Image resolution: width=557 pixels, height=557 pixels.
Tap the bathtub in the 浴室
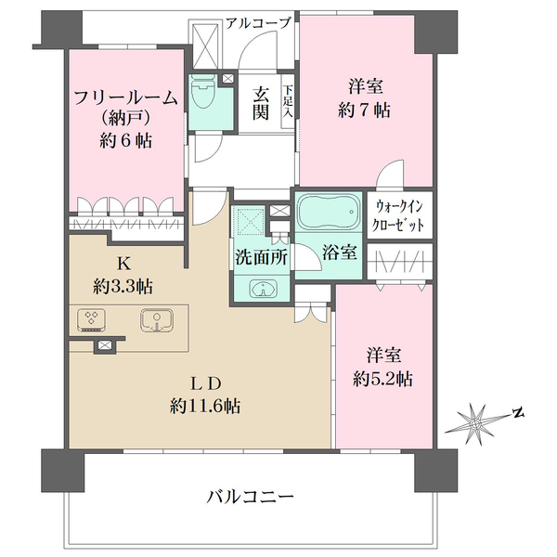[x=329, y=213]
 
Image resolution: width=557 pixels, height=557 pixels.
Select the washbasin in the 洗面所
[x=263, y=289]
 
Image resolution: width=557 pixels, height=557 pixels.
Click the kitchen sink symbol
[x=157, y=320]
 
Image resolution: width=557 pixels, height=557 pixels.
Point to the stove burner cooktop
[x=91, y=320]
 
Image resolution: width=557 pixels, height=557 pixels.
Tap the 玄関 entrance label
[x=260, y=103]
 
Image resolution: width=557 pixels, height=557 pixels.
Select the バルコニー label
[x=250, y=497]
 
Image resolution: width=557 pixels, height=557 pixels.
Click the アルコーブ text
[x=258, y=23]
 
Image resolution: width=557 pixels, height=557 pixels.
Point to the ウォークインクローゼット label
[x=398, y=215]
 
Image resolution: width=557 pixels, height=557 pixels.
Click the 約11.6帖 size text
[x=205, y=406]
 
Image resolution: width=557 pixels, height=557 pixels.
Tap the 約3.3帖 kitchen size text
[x=123, y=286]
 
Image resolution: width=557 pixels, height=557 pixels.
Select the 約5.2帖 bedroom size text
[x=382, y=379]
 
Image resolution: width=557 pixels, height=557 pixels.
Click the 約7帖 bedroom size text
[x=365, y=110]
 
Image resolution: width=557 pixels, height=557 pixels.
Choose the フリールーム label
[x=125, y=97]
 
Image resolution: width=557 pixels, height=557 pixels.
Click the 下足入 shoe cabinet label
[x=288, y=101]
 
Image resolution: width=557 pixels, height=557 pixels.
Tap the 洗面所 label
[x=262, y=256]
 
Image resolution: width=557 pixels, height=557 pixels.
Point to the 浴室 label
[x=340, y=253]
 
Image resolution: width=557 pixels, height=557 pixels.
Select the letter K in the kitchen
[x=124, y=264]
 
